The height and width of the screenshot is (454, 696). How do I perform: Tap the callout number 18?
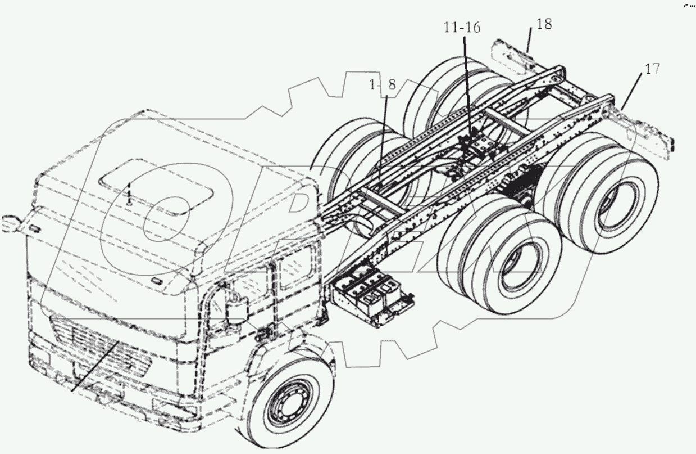pyautogui.click(x=544, y=24)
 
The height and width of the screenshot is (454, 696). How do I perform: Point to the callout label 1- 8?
pyautogui.click(x=382, y=85)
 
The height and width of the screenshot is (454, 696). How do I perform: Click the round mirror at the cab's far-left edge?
pyautogui.click(x=8, y=223)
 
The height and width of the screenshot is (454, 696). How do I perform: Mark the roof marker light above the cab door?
pyautogui.click(x=157, y=280)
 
